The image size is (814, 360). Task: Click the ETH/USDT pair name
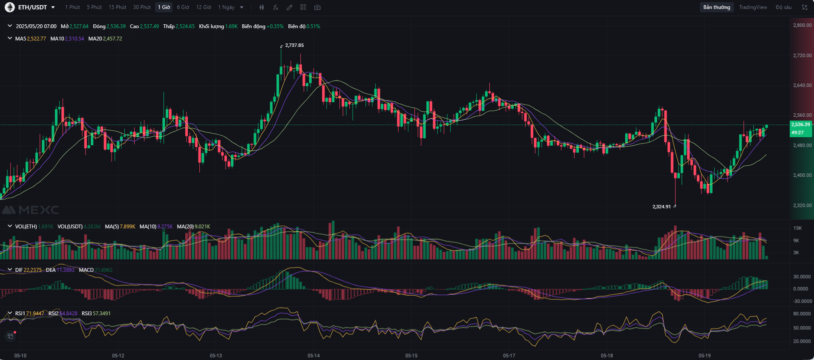point(32,7)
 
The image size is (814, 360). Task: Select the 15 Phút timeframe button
point(117,7)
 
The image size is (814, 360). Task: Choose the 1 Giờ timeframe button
point(164,7)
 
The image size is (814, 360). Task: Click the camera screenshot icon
point(317,7)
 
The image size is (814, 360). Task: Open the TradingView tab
point(753,7)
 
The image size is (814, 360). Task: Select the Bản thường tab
point(716,7)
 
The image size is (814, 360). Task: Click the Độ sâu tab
point(783,7)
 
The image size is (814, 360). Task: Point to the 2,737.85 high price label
point(294,45)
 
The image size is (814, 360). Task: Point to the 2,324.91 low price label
point(662,207)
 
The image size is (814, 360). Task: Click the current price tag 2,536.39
point(801,124)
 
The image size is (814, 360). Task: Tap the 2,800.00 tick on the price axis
point(802,25)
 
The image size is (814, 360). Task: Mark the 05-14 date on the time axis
point(314,355)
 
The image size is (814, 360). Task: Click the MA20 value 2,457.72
point(112,39)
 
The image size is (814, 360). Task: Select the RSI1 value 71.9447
point(35,314)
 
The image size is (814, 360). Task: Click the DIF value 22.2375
point(32,270)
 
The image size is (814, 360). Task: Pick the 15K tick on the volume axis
point(797,228)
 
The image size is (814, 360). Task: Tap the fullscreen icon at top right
point(805,7)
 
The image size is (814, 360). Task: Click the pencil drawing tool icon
point(290,7)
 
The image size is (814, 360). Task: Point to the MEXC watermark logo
point(31,210)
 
